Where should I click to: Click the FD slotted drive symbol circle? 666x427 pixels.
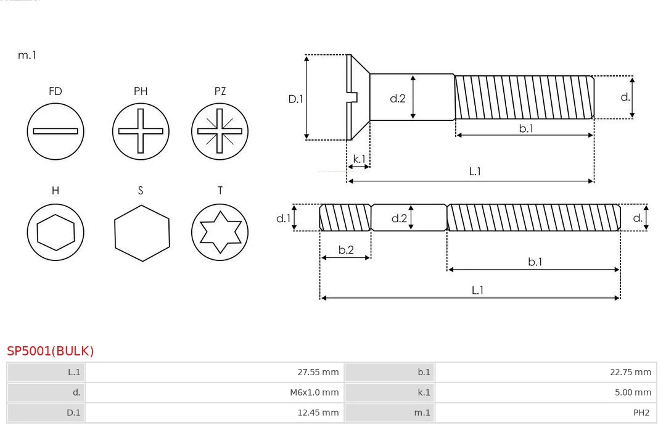(55, 131)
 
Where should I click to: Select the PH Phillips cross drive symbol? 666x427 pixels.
(141, 131)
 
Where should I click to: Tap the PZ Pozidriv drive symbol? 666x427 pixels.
(220, 131)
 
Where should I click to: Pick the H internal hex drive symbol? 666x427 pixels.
(55, 232)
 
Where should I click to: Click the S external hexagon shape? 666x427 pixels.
(141, 232)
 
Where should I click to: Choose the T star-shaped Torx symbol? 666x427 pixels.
(220, 232)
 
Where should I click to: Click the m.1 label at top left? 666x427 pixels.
(27, 55)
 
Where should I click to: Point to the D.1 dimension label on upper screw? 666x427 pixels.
(296, 98)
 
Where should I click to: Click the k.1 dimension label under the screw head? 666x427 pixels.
(359, 159)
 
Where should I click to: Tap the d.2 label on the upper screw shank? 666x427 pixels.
(398, 98)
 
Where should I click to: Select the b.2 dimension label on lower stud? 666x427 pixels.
(346, 250)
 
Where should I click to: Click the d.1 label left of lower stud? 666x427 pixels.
(283, 218)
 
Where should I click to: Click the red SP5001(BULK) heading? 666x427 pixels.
(51, 351)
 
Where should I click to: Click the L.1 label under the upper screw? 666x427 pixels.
(475, 172)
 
